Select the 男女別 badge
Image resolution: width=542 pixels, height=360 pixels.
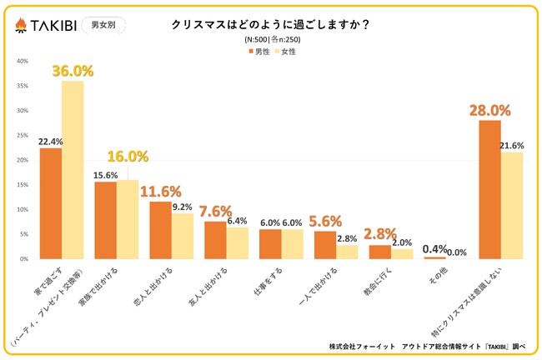coord(105,25)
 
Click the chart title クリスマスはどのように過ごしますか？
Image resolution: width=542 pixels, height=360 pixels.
coord(271,25)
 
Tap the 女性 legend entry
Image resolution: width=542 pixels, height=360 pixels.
coord(285,51)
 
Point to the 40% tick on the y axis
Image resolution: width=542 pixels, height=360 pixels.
coord(23,61)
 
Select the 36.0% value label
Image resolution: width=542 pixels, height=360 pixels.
coord(73,72)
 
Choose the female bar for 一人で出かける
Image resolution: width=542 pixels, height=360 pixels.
coord(347,251)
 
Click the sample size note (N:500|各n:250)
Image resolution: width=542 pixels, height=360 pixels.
coord(271,39)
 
